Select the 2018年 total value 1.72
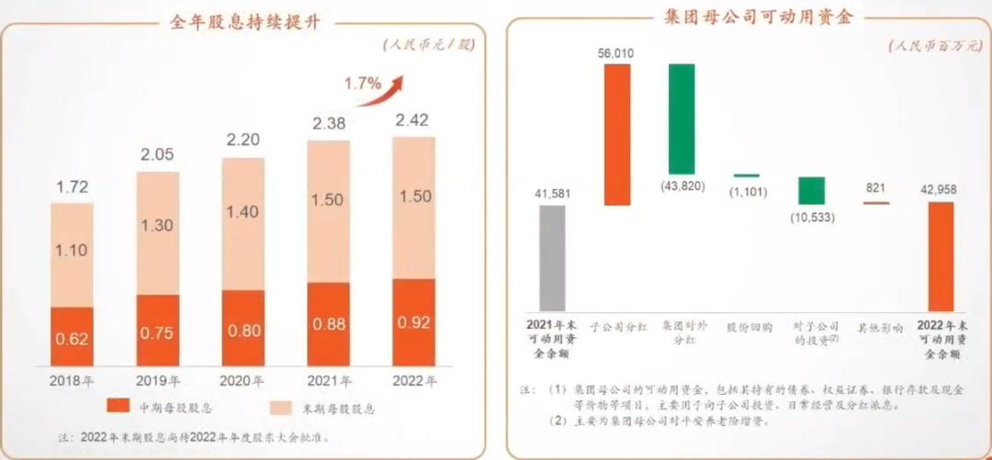tap(73, 186)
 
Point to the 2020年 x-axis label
tap(242, 381)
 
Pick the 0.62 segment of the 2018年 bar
tap(73, 337)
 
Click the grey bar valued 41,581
tap(552, 258)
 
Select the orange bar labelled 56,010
tap(617, 135)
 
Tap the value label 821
tap(874, 188)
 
